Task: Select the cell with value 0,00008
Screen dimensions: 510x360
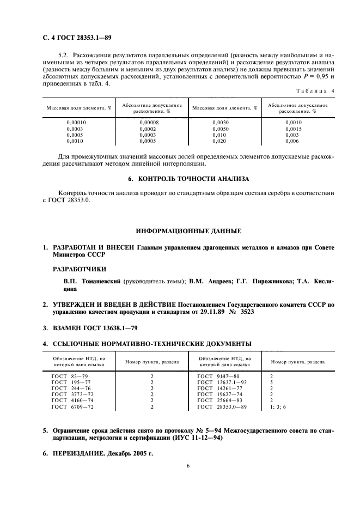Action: [150, 123]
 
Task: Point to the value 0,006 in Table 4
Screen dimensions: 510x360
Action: [292, 141]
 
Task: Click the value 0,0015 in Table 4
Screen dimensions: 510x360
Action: [294, 129]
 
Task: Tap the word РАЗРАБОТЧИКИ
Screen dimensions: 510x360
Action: [80, 269]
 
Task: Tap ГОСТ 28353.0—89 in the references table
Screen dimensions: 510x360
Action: [222, 406]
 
